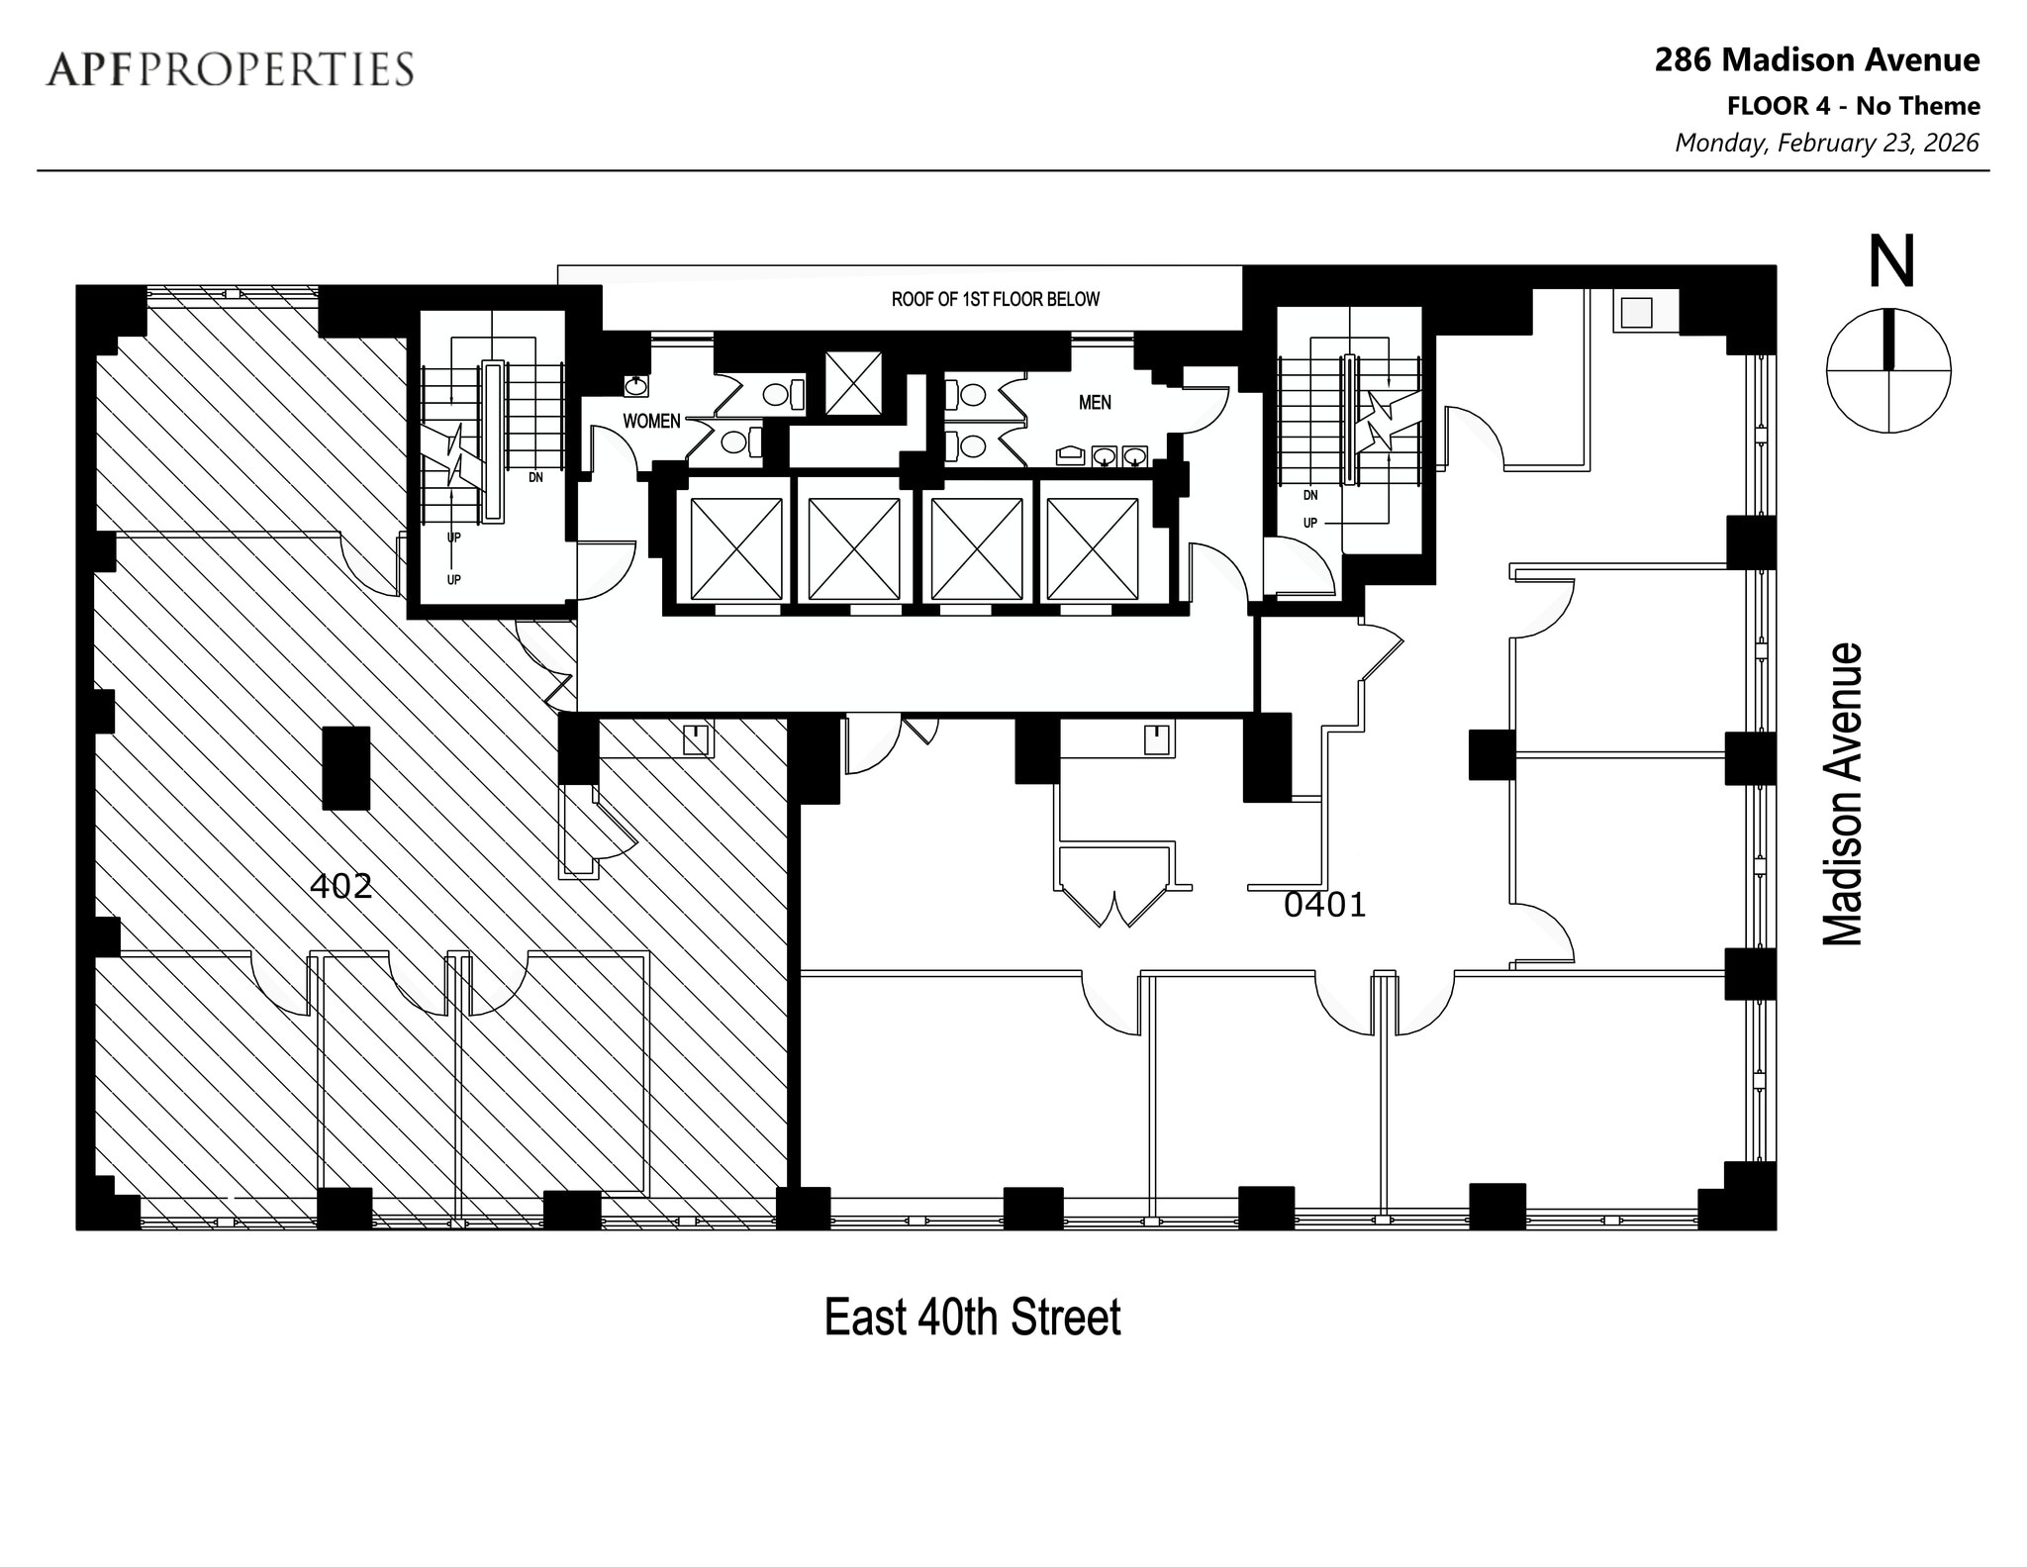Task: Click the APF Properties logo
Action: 229,69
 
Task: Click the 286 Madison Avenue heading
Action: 1817,60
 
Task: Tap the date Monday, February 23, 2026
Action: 1826,144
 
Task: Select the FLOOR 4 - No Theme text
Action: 1853,106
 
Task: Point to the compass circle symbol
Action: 1887,370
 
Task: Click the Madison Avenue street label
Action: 1842,794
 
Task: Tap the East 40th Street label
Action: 972,1318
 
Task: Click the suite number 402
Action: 340,886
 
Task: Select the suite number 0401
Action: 1324,905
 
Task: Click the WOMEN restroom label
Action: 651,422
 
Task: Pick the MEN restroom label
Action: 1095,403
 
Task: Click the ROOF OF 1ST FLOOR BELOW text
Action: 995,299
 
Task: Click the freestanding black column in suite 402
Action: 345,768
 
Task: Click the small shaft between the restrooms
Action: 853,382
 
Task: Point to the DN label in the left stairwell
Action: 535,477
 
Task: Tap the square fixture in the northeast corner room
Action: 1636,313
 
